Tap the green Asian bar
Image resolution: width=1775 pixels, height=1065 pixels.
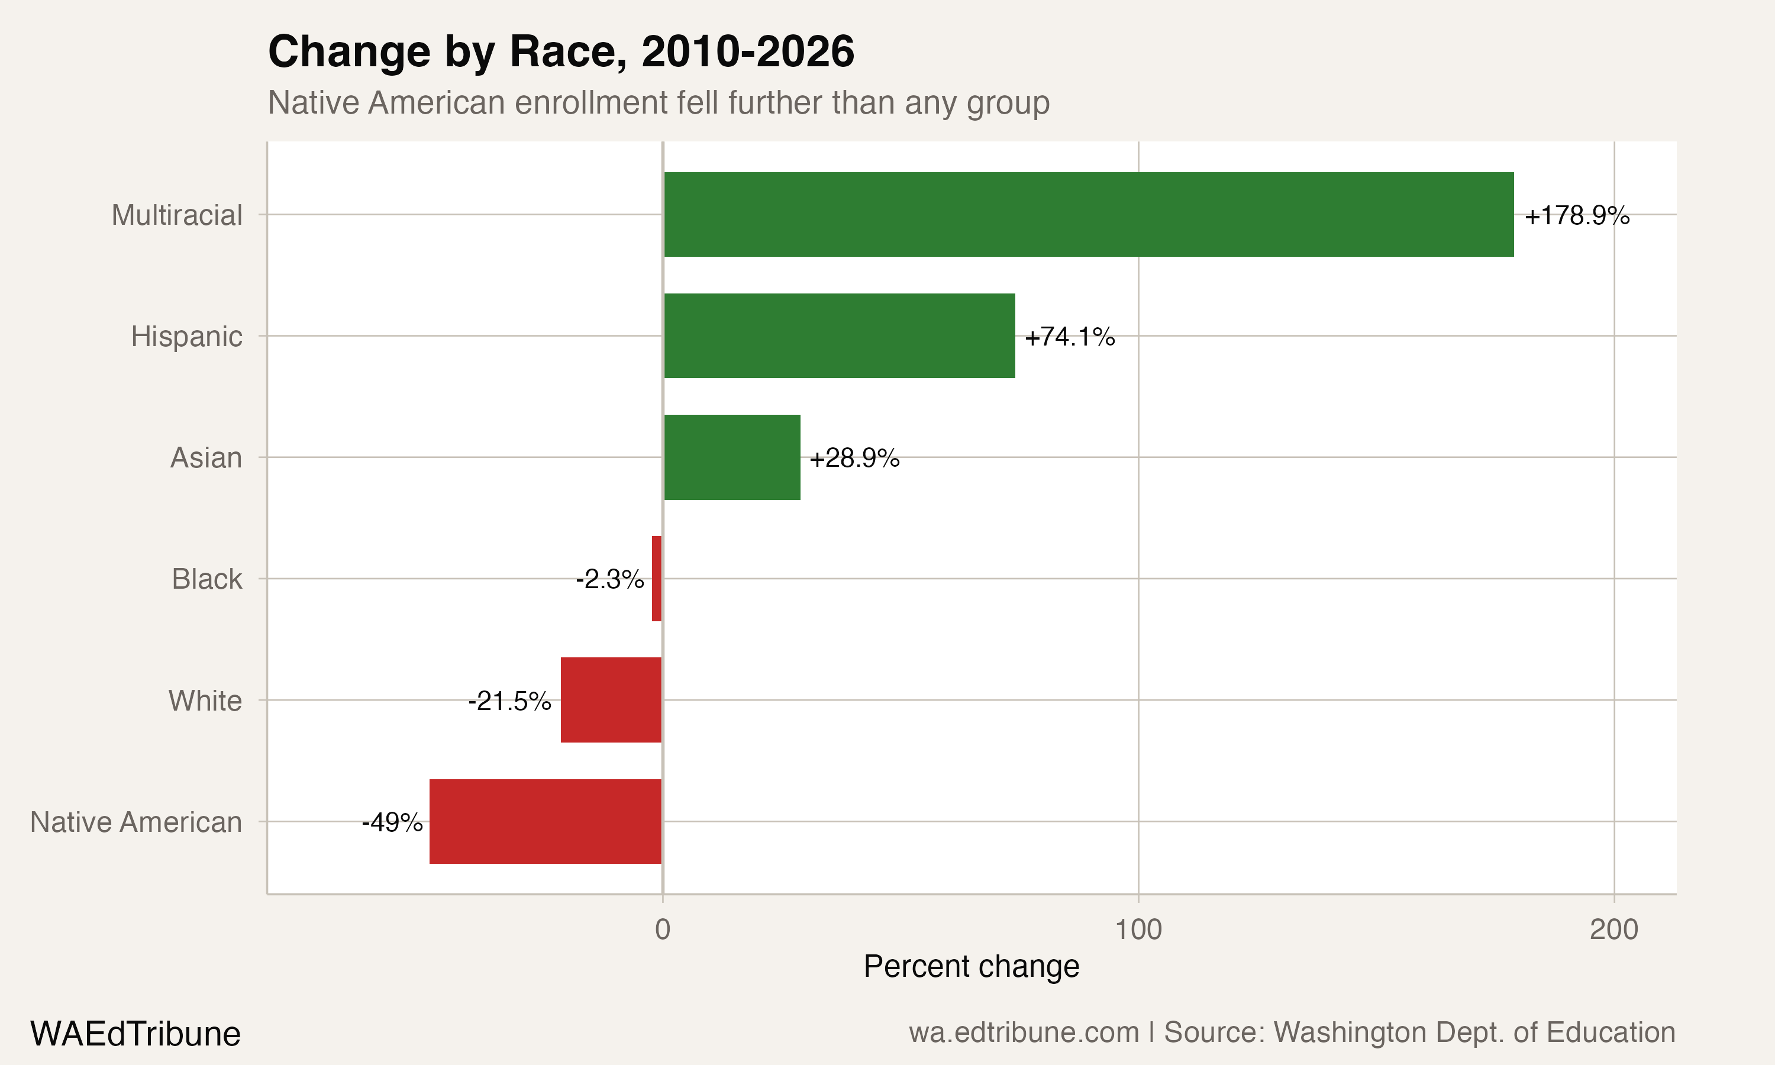coord(732,457)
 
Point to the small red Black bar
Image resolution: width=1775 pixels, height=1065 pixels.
coord(657,579)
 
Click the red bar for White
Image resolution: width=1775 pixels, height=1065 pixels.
coord(611,700)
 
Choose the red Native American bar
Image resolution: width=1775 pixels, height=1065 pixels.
coord(546,821)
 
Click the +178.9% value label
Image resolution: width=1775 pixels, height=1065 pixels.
coord(1576,215)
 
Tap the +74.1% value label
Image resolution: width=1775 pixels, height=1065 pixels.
coord(1069,337)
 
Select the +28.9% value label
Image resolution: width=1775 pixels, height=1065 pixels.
coord(854,458)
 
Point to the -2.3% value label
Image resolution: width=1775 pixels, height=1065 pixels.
coord(610,579)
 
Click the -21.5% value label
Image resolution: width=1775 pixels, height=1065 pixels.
coord(509,701)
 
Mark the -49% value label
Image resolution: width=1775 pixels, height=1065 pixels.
coord(392,822)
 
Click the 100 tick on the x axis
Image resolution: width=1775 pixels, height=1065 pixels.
coord(1138,930)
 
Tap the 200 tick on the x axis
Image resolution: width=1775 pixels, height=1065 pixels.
coord(1613,930)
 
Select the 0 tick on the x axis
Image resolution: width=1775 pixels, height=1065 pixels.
coord(662,930)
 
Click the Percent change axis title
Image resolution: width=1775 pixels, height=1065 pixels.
coord(971,967)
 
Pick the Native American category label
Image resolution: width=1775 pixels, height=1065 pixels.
coord(136,822)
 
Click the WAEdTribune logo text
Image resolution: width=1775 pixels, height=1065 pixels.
coord(135,1034)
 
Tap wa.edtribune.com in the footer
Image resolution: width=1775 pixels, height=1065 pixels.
coord(1024,1032)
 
